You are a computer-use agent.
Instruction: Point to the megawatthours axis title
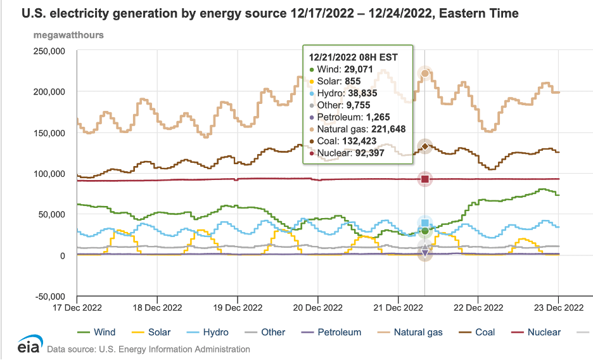[68, 34]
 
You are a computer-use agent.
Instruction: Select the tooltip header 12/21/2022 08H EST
[353, 57]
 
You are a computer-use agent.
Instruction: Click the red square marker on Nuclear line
[425, 179]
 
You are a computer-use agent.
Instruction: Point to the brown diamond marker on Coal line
[425, 146]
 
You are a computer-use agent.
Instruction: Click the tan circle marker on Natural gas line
[425, 74]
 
